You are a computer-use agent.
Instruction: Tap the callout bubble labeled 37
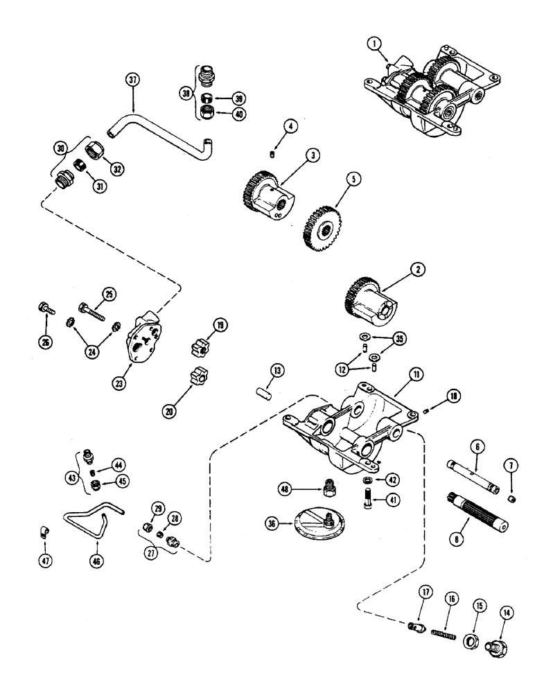point(133,80)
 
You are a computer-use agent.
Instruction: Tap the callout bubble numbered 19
point(219,324)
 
